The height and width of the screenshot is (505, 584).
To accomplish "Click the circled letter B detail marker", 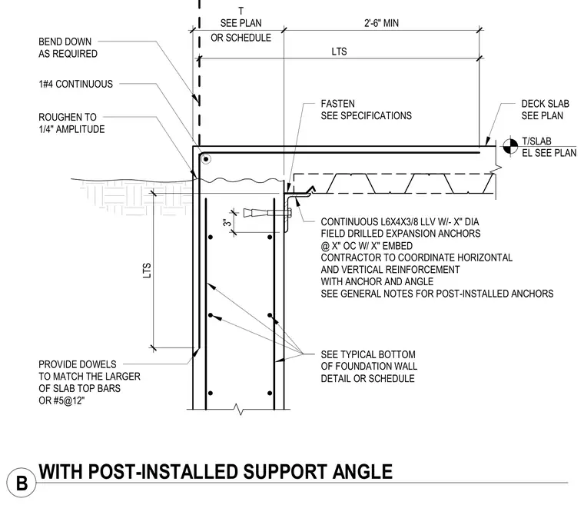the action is click(x=22, y=483).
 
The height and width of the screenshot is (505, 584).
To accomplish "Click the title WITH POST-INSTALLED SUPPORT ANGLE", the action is click(x=216, y=471).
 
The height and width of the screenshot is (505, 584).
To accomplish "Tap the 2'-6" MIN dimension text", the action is click(x=381, y=23).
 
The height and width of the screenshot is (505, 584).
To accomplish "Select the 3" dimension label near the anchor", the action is click(x=227, y=222).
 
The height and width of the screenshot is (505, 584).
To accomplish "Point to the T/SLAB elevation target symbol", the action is click(x=510, y=146).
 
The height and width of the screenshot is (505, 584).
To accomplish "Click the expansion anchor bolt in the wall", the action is click(x=267, y=213).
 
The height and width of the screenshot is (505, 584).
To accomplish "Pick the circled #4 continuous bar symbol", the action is click(x=206, y=160).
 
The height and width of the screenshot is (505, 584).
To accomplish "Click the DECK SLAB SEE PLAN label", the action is click(x=546, y=110).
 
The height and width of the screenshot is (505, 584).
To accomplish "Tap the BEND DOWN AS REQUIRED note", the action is click(x=68, y=48).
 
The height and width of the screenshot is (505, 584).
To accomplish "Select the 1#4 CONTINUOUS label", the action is click(x=75, y=84).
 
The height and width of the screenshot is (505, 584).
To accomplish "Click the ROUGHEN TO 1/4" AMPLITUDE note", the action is click(x=71, y=123).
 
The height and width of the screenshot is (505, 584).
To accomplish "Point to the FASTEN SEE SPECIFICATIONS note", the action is click(x=366, y=110).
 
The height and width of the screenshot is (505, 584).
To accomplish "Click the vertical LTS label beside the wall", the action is click(x=147, y=271).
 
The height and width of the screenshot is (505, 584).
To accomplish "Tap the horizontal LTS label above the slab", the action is click(x=339, y=51).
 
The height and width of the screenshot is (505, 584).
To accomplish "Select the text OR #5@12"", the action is click(x=61, y=400).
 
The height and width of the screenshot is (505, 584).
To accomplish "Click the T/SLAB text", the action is click(x=536, y=141).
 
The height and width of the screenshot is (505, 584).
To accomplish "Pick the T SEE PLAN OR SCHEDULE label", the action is click(x=241, y=25).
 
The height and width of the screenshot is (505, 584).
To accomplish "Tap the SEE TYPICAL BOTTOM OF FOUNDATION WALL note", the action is click(x=369, y=367).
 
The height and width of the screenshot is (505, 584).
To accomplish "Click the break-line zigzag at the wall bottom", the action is click(x=238, y=409).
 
